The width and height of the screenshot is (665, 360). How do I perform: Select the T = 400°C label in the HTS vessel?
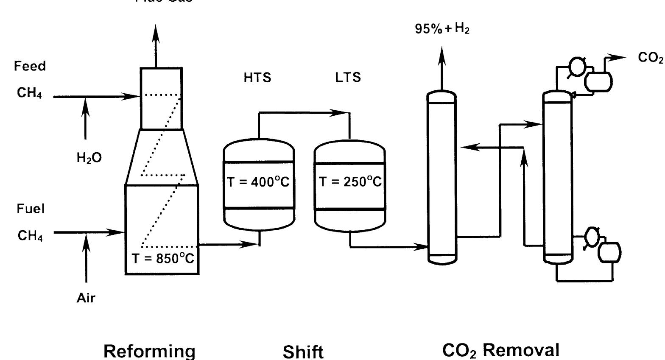258,182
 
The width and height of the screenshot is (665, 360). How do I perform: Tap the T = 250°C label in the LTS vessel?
350,182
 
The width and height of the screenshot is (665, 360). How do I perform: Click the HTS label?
257,78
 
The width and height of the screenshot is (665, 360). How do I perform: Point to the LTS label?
348,77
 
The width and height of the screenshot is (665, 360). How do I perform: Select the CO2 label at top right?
650,58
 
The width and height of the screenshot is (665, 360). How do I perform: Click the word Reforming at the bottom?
150,351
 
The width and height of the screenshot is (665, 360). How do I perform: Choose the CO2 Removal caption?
501,351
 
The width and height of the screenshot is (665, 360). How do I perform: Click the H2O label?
89,158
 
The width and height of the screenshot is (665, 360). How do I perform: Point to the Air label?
86,298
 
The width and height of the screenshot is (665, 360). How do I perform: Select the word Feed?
30,66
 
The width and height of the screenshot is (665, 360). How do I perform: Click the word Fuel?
31,209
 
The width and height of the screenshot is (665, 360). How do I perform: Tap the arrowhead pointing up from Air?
86,242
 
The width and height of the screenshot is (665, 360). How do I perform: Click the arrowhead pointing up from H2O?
86,104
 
